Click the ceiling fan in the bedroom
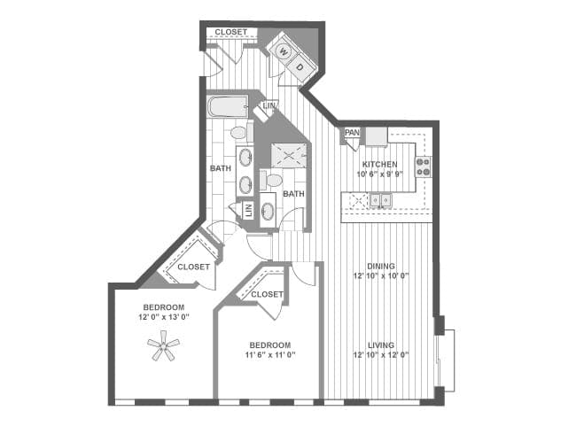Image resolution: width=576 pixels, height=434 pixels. tap(163, 345)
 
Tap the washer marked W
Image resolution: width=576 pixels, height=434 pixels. tap(284, 51)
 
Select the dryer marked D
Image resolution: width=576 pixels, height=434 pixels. tap(300, 67)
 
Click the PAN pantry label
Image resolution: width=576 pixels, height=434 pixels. tap(352, 132)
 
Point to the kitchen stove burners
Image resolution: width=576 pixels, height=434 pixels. tap(424, 167)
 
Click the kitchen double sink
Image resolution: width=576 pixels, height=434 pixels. tap(380, 200)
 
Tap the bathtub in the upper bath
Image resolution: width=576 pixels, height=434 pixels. tap(228, 106)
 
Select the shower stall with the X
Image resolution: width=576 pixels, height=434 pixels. tap(289, 156)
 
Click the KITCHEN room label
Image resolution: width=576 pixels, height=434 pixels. tap(380, 164)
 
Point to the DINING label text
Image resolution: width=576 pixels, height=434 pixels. tap(381, 266)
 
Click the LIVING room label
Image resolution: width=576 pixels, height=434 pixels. tap(381, 345)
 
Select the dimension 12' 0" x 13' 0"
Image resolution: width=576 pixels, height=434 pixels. tap(164, 317)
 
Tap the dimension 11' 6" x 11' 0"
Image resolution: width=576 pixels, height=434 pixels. tap(270, 354)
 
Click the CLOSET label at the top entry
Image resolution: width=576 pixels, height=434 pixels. tap(231, 32)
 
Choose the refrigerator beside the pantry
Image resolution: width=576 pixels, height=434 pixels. tap(377, 137)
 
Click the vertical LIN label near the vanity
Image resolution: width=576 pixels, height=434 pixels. tap(249, 211)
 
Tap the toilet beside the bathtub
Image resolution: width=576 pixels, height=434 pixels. tap(242, 132)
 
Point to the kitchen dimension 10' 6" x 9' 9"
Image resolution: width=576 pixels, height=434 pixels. tap(380, 174)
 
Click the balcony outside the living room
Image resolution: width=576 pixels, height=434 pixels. tap(447, 360)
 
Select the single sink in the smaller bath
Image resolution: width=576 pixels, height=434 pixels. tap(268, 212)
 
